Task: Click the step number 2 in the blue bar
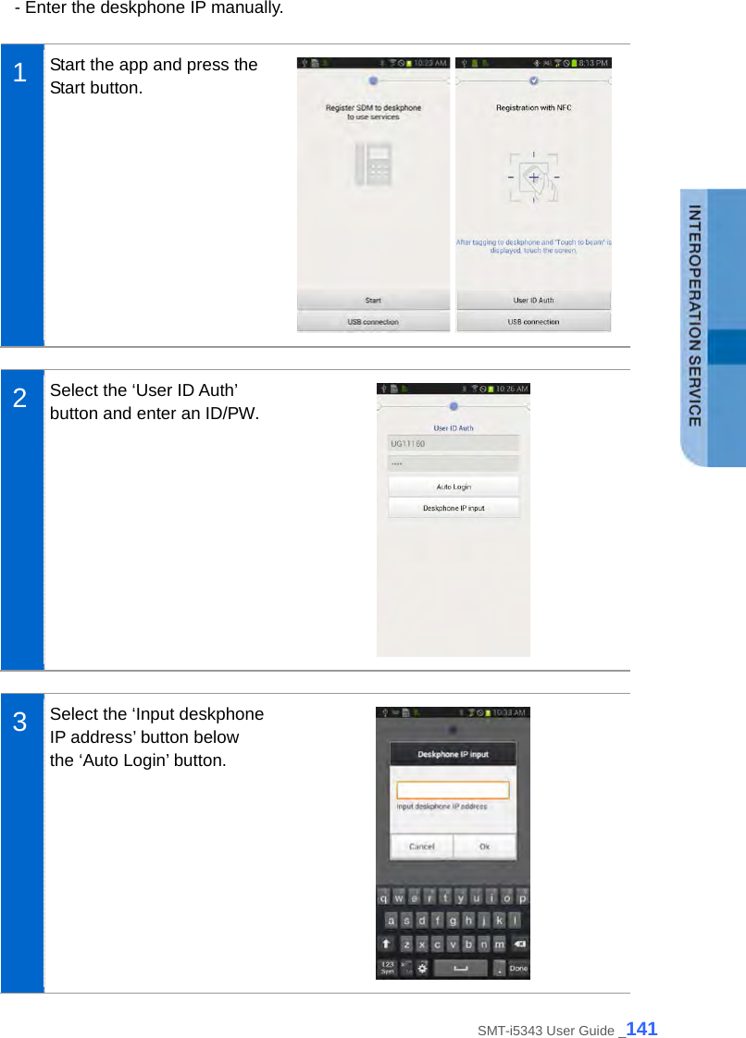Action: click(19, 399)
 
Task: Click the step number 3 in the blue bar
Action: click(19, 723)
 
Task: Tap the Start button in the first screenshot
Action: click(373, 300)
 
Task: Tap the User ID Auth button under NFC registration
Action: click(533, 300)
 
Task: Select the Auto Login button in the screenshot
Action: click(454, 487)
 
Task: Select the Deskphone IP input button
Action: click(454, 508)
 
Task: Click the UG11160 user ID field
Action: click(454, 443)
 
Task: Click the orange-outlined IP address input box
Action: click(453, 790)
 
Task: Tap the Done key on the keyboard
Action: click(518, 969)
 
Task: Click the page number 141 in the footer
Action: click(641, 1028)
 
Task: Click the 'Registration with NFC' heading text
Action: click(533, 108)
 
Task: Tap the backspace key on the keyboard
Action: click(519, 945)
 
